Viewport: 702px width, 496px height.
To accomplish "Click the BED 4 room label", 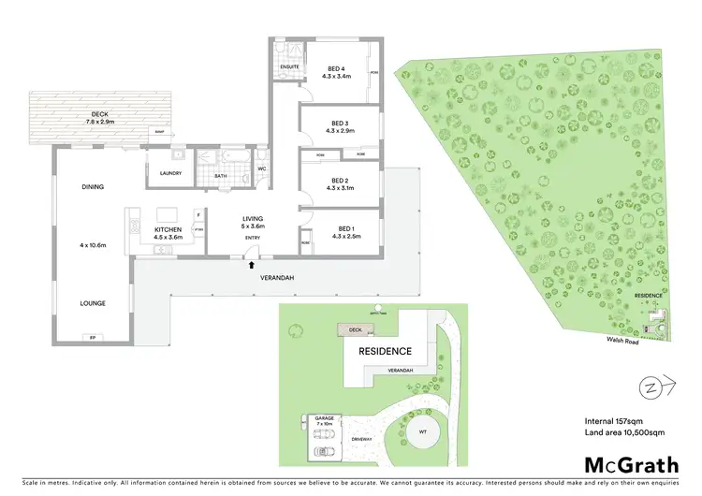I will tap(338, 68).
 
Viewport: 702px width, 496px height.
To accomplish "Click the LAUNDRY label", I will tap(169, 172).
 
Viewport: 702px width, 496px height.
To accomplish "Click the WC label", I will tap(262, 169).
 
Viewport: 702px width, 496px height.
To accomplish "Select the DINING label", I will tap(92, 187).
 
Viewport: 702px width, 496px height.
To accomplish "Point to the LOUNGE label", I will tap(92, 303).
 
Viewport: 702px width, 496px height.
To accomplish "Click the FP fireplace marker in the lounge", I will tap(92, 337).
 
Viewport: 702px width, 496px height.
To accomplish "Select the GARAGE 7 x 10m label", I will tap(324, 422).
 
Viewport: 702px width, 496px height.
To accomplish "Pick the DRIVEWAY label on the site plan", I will tap(363, 438).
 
